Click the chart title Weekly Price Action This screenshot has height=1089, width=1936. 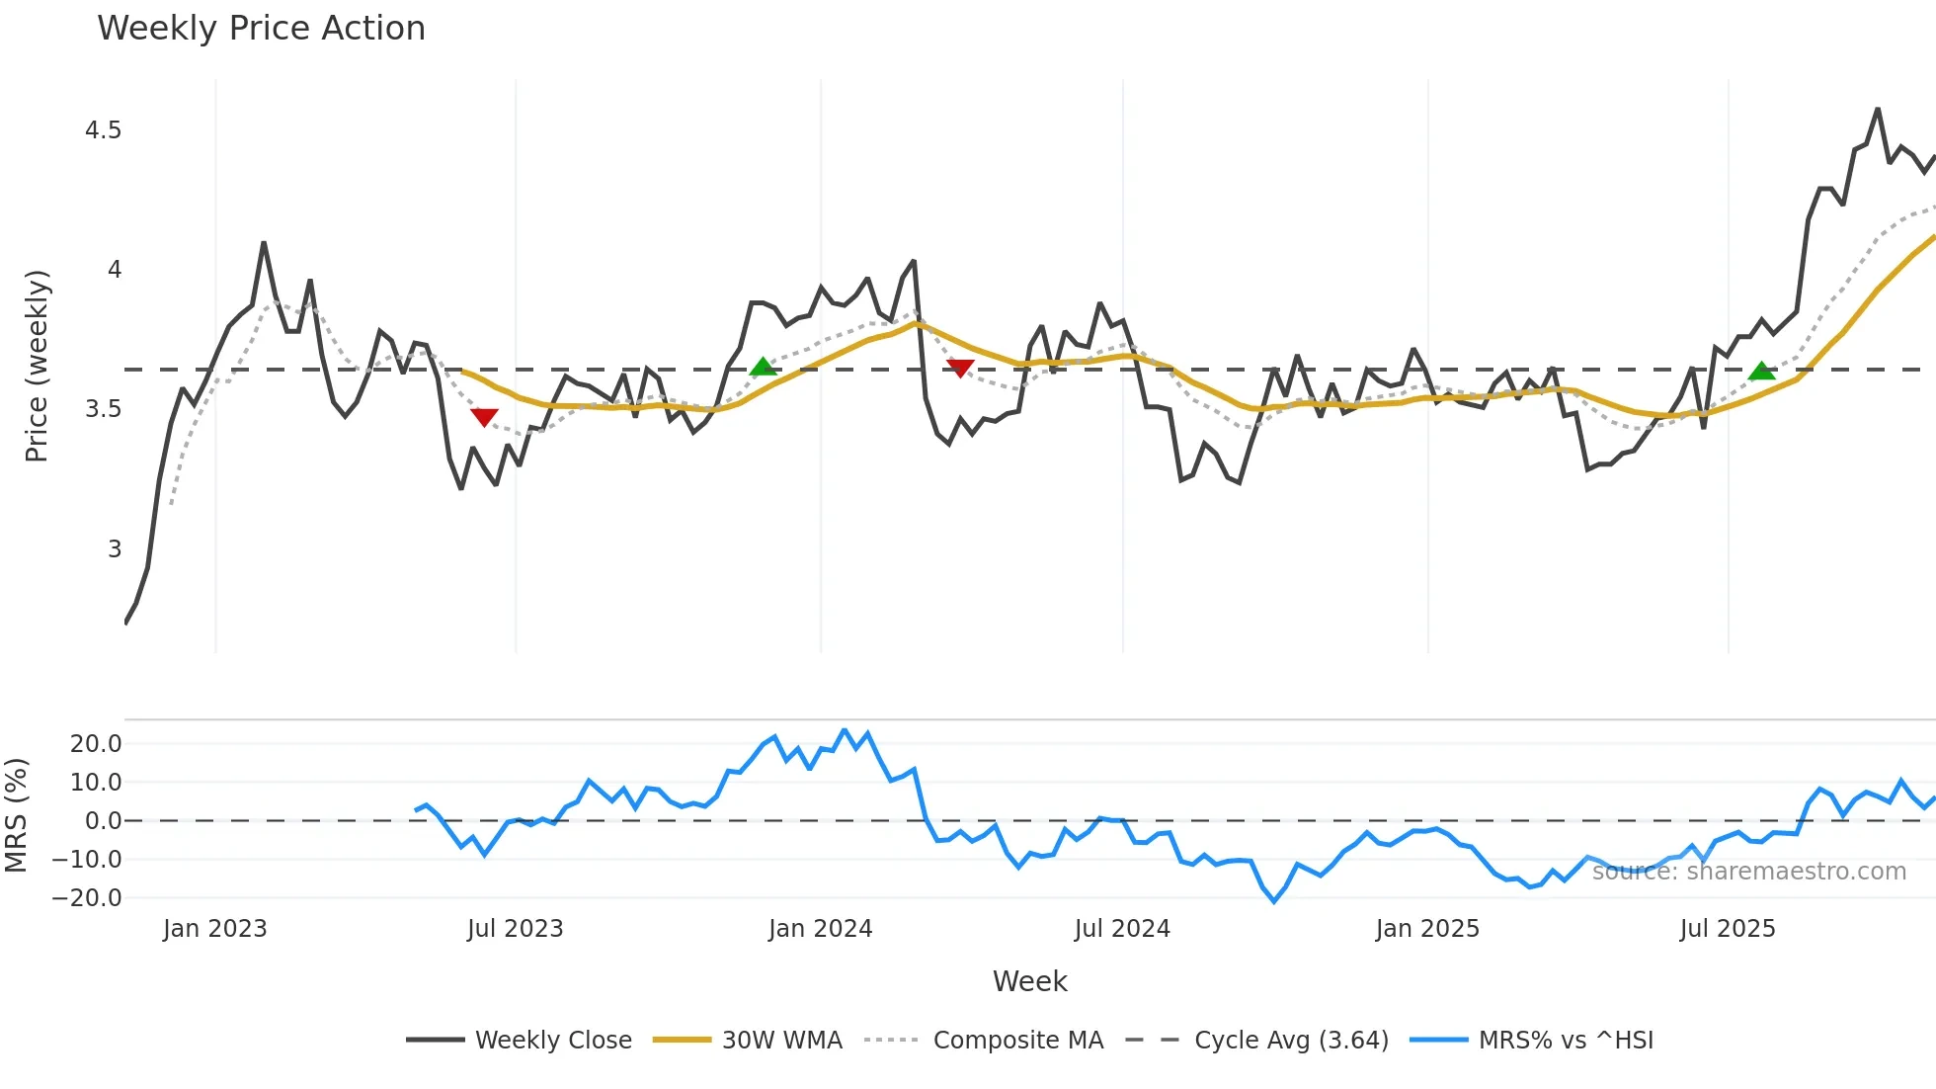pyautogui.click(x=261, y=29)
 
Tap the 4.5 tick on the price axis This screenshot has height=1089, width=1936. pyautogui.click(x=103, y=130)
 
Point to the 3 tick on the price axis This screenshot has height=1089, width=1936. pyautogui.click(x=115, y=549)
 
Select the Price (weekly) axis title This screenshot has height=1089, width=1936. pyautogui.click(x=37, y=366)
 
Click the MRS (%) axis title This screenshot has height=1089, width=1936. pyautogui.click(x=16, y=815)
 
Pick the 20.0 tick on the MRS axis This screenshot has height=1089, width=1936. pyautogui.click(x=96, y=744)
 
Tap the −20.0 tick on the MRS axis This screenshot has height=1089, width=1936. pyautogui.click(x=87, y=898)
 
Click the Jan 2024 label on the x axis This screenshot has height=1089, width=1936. pyautogui.click(x=820, y=929)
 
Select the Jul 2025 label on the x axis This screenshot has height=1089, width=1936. pyautogui.click(x=1728, y=929)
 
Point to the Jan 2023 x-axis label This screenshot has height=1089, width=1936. pyautogui.click(x=214, y=929)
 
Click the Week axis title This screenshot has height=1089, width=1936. pyautogui.click(x=1029, y=981)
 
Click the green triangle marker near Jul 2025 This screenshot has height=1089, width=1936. pyautogui.click(x=1761, y=372)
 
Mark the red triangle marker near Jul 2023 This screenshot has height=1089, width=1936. pyautogui.click(x=484, y=417)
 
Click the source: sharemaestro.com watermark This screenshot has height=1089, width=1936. pyautogui.click(x=1748, y=872)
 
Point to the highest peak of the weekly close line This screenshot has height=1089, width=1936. pyautogui.click(x=1878, y=109)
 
